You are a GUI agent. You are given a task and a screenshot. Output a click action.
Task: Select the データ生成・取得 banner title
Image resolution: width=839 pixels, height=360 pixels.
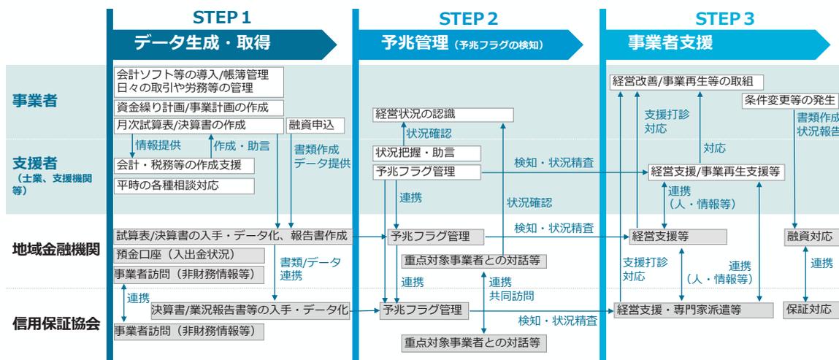tap(202, 43)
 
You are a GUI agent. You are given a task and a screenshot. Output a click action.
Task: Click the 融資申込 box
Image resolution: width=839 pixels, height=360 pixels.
tap(313, 126)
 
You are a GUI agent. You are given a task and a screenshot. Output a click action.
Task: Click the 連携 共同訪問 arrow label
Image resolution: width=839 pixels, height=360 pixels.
tap(510, 289)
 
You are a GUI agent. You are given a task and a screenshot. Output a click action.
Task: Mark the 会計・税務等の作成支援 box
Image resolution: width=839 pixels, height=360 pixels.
tap(184, 164)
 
